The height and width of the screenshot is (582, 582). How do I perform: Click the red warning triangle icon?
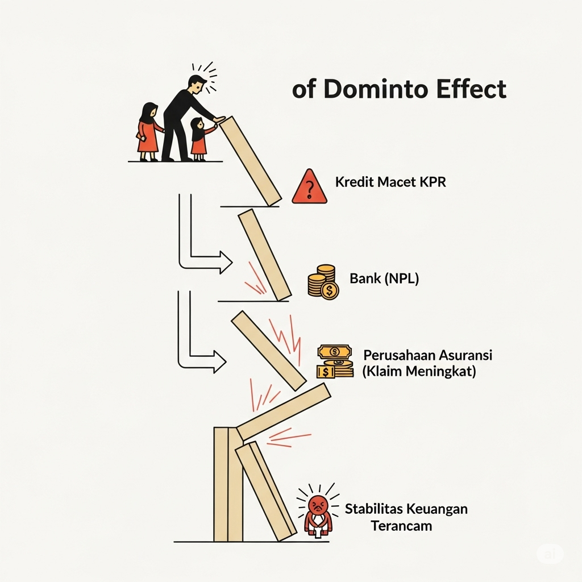coord(309,187)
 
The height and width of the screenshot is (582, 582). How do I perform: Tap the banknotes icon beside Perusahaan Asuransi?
coord(335,361)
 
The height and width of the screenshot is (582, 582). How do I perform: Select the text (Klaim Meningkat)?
coord(419,372)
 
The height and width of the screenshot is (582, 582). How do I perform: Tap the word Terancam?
coord(401,525)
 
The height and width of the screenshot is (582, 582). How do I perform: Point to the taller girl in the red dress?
coord(148,131)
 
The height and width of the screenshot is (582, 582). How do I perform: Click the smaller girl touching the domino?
coord(199,138)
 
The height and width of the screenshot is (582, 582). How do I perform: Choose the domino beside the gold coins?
coord(264,254)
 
